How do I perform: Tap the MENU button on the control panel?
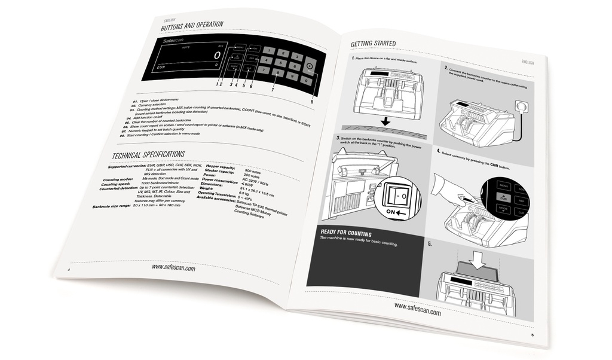(239, 47)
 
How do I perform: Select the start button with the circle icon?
(309, 67)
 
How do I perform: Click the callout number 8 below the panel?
(311, 102)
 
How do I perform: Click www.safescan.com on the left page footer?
(173, 269)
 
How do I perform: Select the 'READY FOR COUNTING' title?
(346, 234)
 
